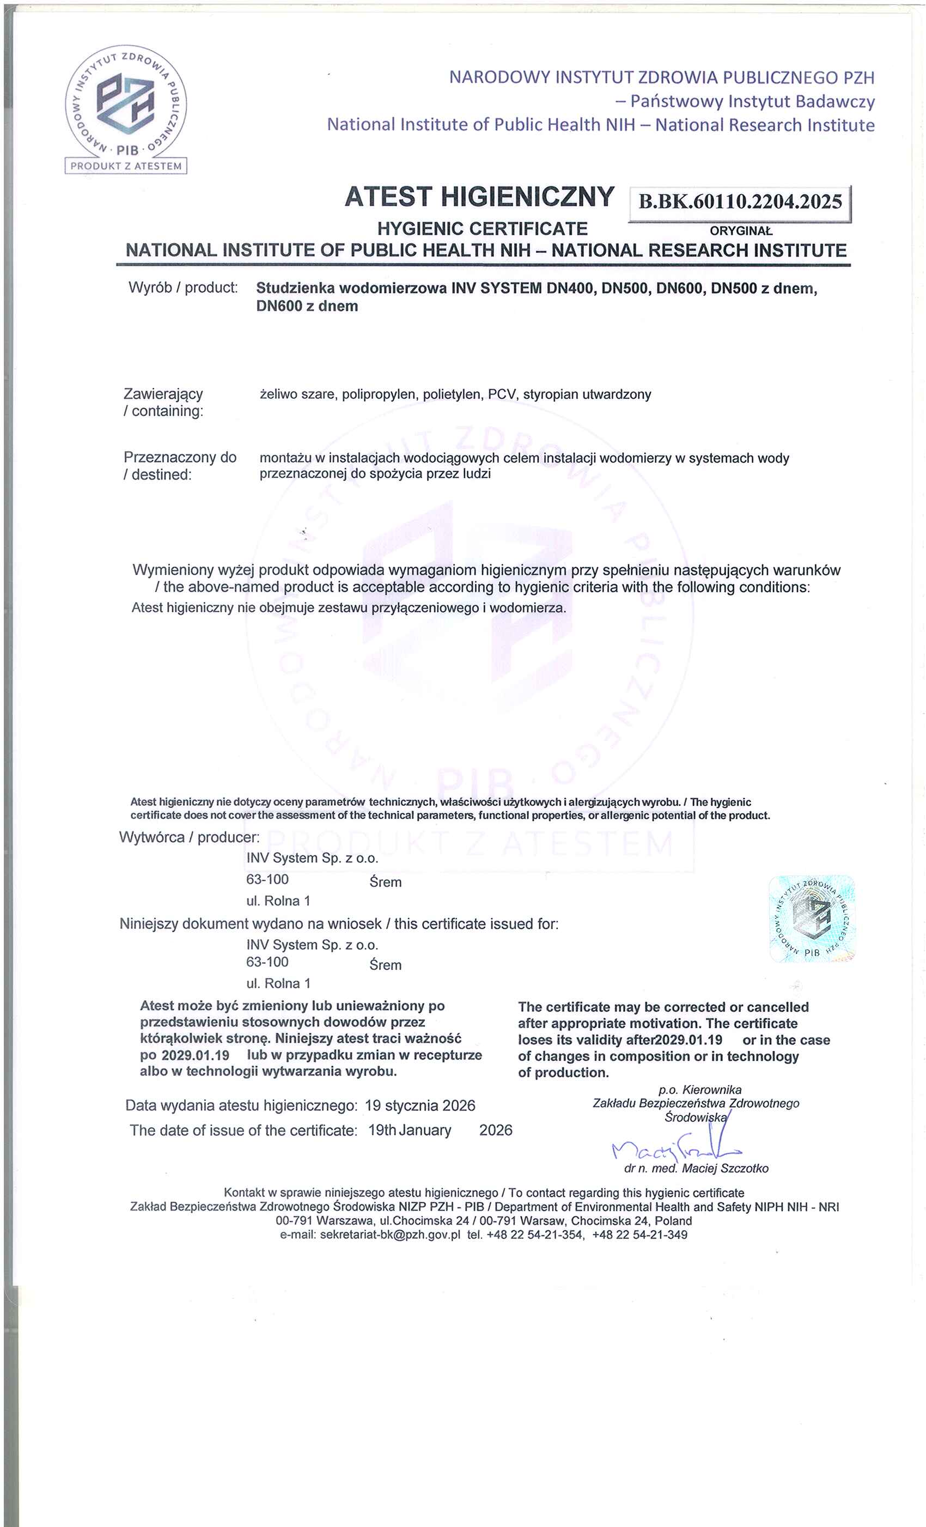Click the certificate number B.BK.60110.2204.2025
tap(740, 202)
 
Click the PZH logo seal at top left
tap(126, 102)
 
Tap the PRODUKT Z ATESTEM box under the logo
tap(126, 166)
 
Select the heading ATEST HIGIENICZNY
tap(479, 197)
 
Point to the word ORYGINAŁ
tap(741, 231)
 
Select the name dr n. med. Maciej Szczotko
tap(696, 1169)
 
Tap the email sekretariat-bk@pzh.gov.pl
tap(390, 1234)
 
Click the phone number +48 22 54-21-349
tap(639, 1234)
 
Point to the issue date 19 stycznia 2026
tap(419, 1105)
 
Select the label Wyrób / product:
tap(183, 288)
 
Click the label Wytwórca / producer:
tap(189, 837)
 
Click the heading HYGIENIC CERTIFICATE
tap(482, 229)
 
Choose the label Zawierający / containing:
tap(163, 403)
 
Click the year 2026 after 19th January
tap(495, 1130)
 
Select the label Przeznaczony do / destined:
tap(180, 466)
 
